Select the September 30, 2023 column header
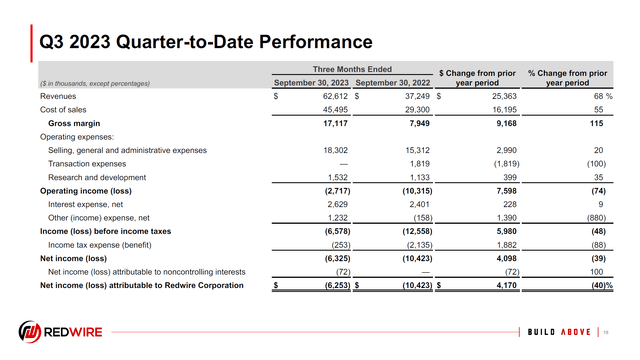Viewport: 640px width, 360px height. pyautogui.click(x=312, y=82)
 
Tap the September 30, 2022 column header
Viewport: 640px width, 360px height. pyautogui.click(x=393, y=82)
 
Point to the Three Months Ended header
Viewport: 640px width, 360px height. pyautogui.click(x=353, y=68)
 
